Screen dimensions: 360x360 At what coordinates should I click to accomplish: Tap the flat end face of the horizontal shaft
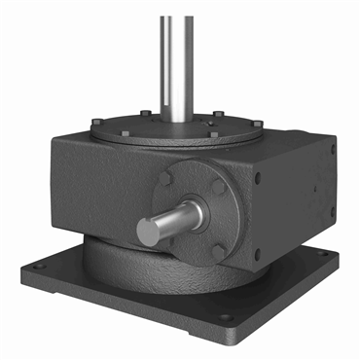tap(150, 232)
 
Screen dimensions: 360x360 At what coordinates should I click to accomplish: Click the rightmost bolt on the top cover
tap(258, 122)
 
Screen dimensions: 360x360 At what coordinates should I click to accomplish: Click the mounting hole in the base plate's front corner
tap(225, 317)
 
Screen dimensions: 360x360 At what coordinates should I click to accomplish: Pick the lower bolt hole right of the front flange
tap(257, 255)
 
